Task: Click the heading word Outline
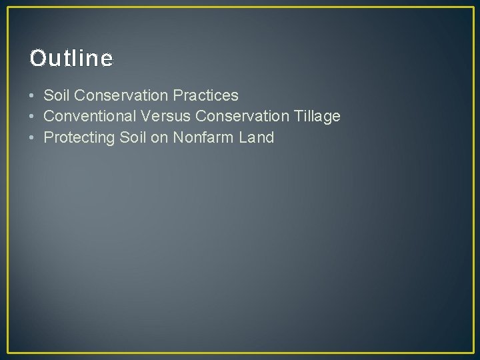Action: (x=71, y=59)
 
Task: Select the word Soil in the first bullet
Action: (x=55, y=95)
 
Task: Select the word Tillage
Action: (x=317, y=117)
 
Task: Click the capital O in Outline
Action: (x=37, y=59)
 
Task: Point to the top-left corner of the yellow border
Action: (x=7, y=7)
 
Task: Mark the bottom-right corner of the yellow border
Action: (x=473, y=353)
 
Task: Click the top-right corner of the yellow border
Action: (x=473, y=7)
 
